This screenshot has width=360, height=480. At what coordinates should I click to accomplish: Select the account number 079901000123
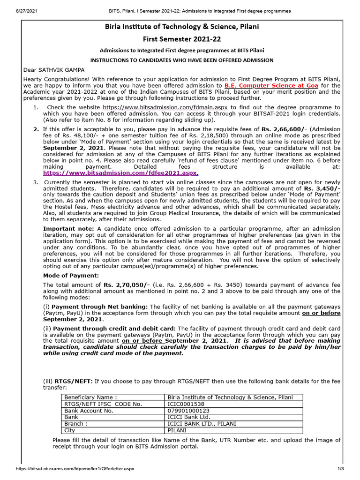(x=187, y=410)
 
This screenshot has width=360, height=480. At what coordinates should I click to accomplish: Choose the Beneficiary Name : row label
(x=90, y=397)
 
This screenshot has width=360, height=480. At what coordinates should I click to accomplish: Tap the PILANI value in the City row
(x=177, y=430)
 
